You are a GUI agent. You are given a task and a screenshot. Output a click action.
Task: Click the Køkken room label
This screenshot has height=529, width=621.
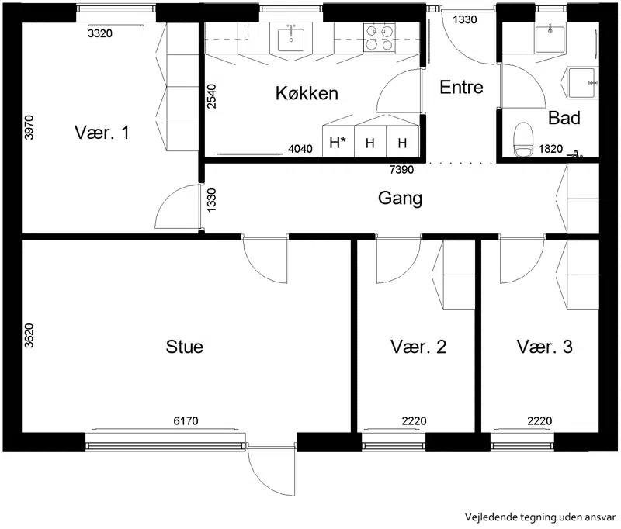click(307, 93)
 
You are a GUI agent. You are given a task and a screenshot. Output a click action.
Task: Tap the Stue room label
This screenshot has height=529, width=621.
click(185, 347)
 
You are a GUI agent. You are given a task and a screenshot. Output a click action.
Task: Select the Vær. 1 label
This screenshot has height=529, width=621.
click(102, 132)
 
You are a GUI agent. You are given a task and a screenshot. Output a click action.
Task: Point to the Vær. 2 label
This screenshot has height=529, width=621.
click(418, 347)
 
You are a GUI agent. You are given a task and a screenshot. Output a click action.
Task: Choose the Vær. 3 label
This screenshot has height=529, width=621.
click(545, 347)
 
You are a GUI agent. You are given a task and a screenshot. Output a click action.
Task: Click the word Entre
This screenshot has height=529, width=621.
click(461, 87)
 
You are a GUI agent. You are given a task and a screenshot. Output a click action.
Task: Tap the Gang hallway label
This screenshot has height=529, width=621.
click(400, 199)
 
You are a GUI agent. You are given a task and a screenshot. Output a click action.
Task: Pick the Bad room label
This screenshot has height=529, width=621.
click(564, 118)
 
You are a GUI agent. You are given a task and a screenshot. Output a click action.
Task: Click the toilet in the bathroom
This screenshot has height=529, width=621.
click(522, 140)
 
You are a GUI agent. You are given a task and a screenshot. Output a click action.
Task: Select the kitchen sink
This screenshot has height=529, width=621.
click(291, 38)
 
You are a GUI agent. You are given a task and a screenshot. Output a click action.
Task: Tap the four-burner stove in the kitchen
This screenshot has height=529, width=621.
click(380, 37)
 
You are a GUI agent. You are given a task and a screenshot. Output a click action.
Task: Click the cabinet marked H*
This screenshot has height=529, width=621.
click(338, 142)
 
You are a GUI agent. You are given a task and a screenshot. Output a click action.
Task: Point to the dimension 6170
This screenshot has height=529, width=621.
click(186, 420)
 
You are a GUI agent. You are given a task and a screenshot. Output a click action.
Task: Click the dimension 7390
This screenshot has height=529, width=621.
click(401, 169)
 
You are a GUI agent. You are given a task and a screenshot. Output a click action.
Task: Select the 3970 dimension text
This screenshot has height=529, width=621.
click(29, 127)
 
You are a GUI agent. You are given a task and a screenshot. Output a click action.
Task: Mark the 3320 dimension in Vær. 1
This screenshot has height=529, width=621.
click(100, 33)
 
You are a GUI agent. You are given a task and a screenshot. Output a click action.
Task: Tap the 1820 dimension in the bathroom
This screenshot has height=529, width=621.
click(550, 149)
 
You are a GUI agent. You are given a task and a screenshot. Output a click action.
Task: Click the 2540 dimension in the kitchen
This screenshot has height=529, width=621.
click(212, 96)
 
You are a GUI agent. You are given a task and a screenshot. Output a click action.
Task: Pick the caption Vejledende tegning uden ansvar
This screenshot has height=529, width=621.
click(540, 517)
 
